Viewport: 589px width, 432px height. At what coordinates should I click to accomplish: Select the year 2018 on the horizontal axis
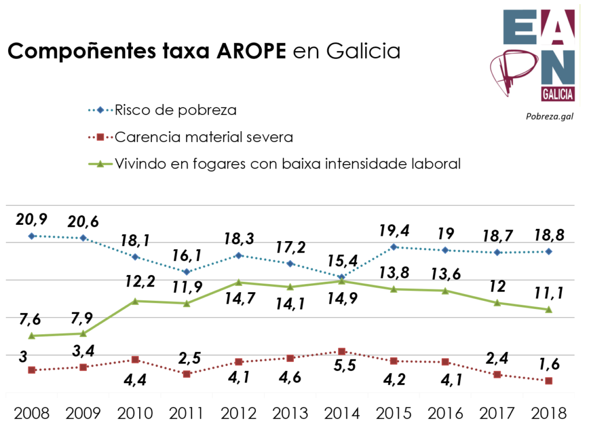coord(549,413)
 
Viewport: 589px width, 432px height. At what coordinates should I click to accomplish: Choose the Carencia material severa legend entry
coord(204,137)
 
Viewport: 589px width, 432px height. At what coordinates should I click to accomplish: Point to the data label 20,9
coord(32,219)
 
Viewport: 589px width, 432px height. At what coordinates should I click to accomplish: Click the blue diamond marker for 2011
coord(186,272)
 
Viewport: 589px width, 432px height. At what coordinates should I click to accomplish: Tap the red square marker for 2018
coord(549,381)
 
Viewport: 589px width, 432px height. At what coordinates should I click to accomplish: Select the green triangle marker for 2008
coord(32,335)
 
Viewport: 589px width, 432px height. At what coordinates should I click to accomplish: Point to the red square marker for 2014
coord(342,351)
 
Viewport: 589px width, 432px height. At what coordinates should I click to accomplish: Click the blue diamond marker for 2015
coord(394,247)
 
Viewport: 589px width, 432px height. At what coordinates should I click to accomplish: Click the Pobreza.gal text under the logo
coord(549,116)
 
